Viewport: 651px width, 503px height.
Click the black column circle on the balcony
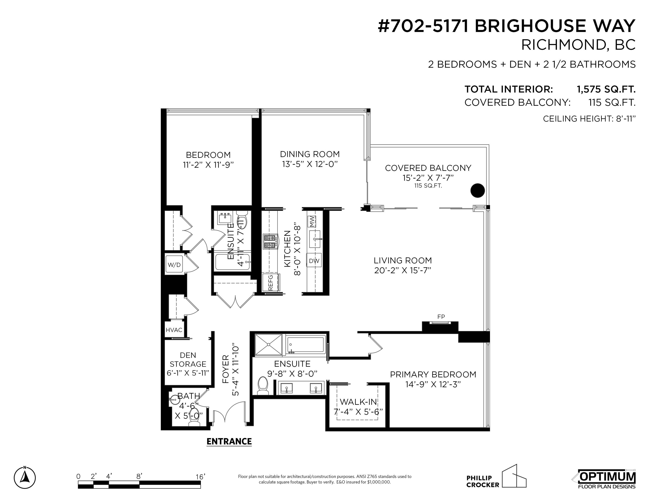click(478, 190)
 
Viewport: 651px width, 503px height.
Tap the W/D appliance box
click(174, 265)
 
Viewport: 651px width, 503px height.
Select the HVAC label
click(174, 330)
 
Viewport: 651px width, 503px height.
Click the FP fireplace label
click(441, 317)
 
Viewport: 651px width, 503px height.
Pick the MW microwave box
click(311, 221)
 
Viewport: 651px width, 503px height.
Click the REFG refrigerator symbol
click(271, 283)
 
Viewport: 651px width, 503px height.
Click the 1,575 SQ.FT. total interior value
click(606, 89)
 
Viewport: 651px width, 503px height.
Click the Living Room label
click(402, 260)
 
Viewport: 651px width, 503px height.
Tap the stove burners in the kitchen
click(270, 241)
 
